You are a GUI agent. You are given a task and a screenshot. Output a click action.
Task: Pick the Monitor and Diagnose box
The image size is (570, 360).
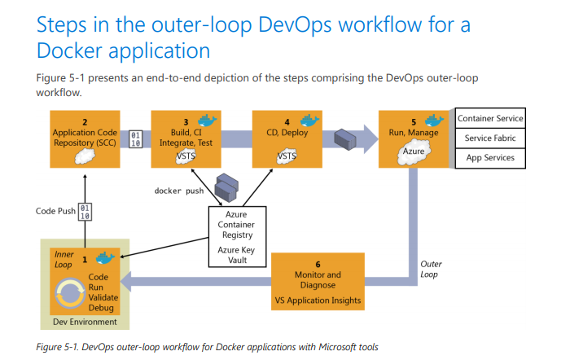(317, 282)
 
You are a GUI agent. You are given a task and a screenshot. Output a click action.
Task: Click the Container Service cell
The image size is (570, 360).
(489, 119)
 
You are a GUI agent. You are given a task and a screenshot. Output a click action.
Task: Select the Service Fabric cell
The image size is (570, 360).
(489, 138)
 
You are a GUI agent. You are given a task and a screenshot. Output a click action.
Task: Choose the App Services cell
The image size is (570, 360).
(489, 158)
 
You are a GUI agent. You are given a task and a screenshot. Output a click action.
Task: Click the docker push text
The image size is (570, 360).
(179, 191)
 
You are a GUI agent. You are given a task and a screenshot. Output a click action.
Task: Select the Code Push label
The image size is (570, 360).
(55, 211)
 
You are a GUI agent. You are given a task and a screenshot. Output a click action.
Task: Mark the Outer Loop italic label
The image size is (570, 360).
(431, 269)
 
